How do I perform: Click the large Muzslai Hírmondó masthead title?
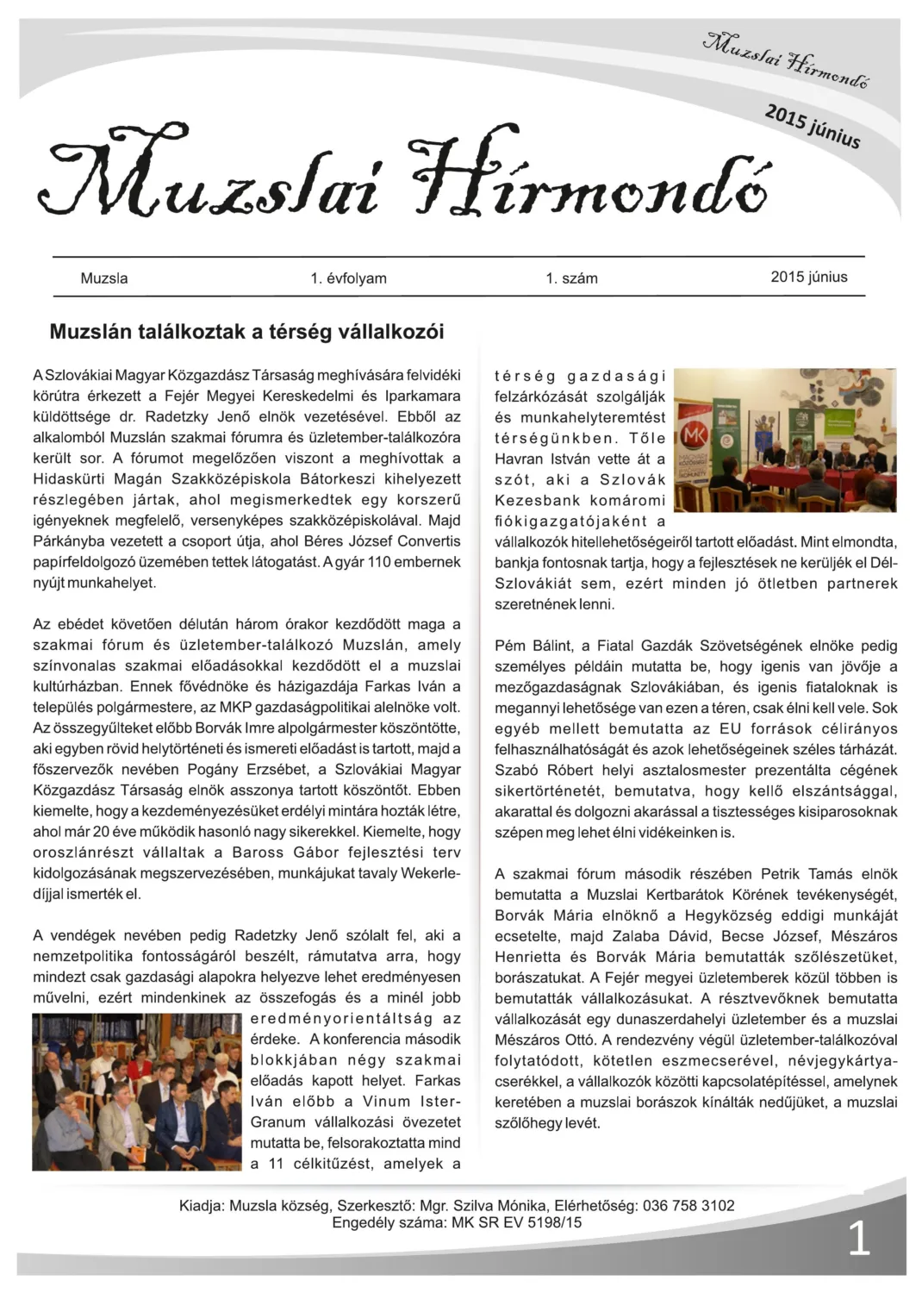405,178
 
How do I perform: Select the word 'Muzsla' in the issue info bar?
103,278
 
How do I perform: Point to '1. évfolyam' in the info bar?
348,278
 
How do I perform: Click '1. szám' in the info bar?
571,278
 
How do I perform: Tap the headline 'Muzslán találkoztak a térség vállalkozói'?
246,332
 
